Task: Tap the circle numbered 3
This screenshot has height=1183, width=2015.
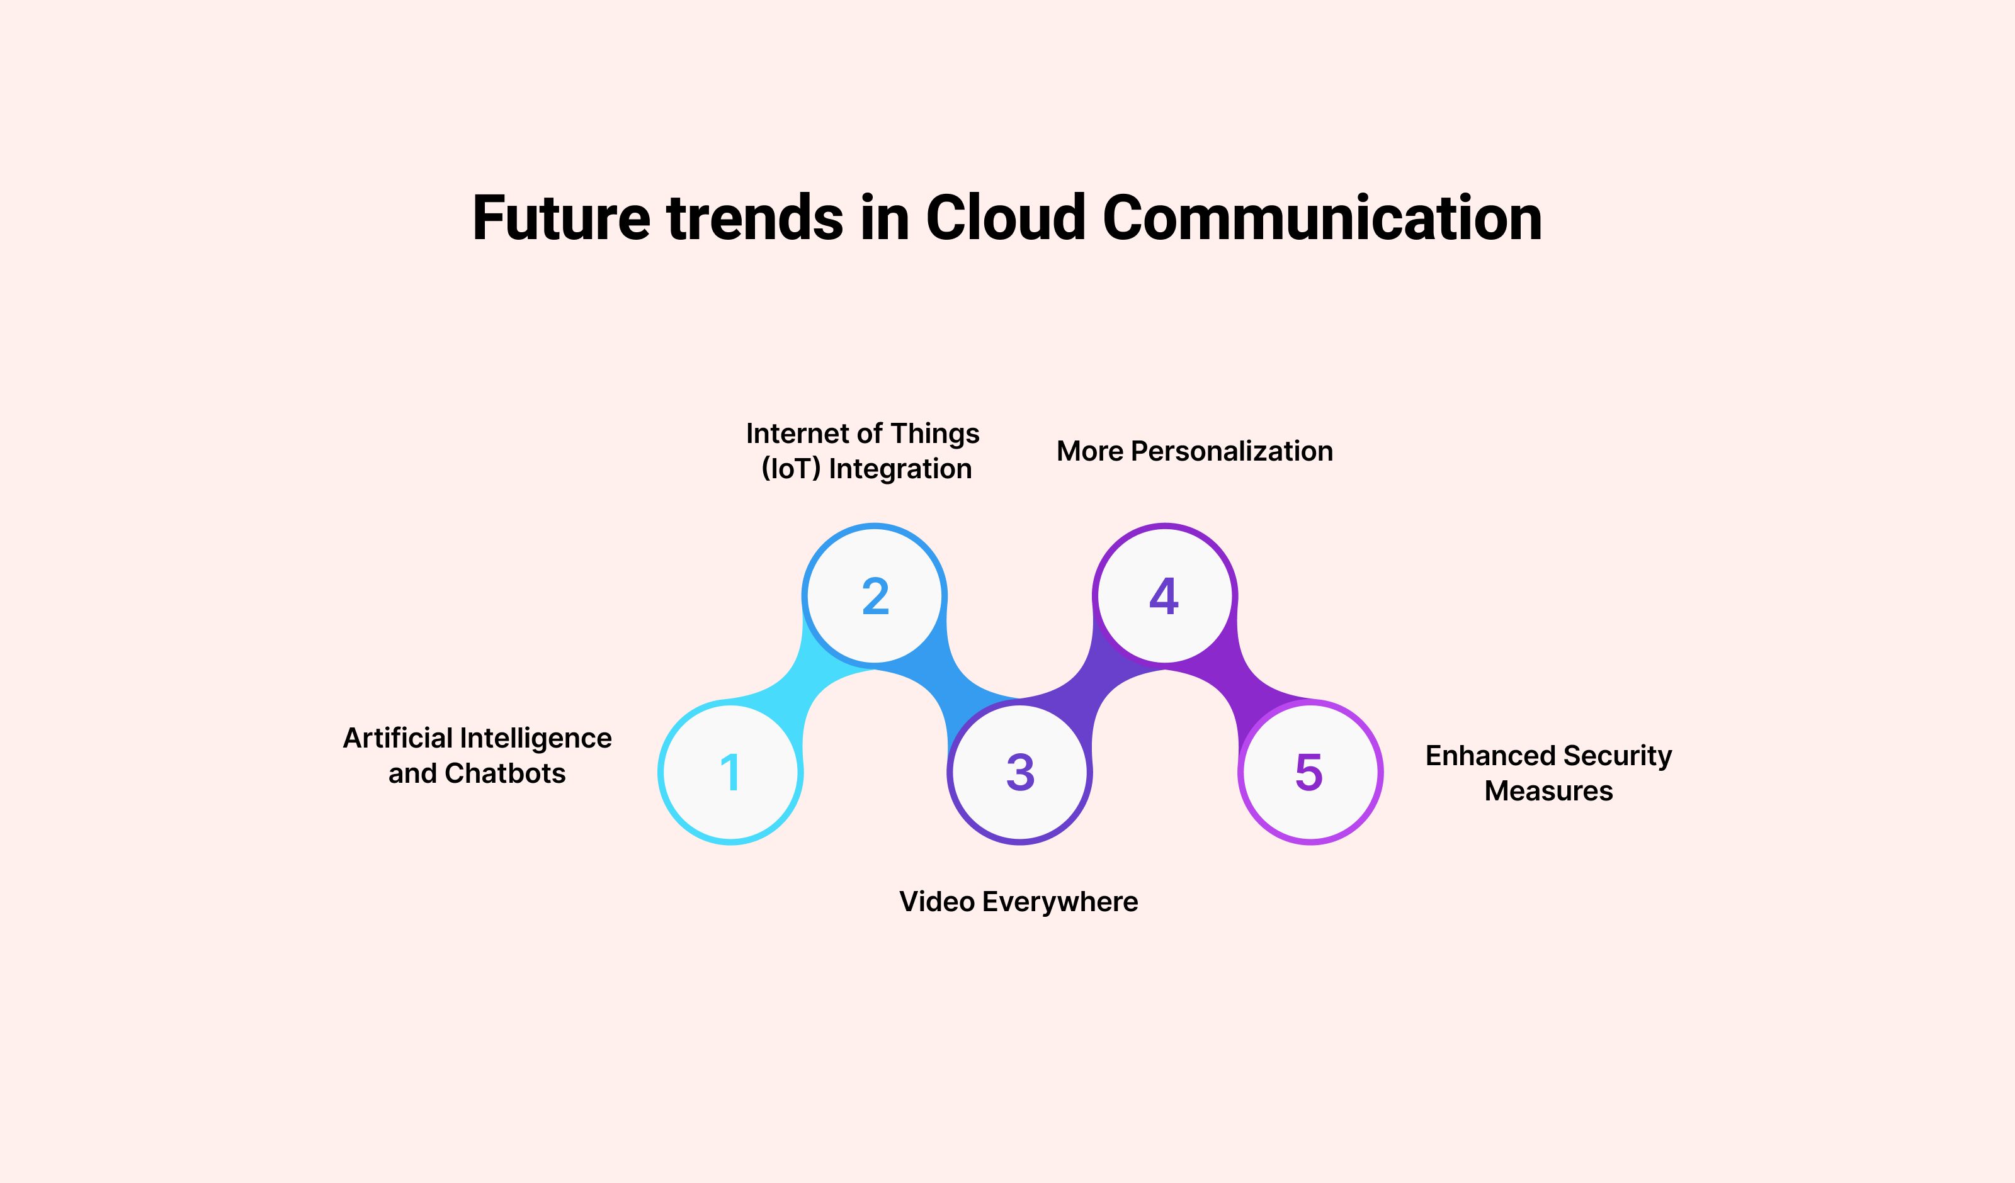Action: pyautogui.click(x=1019, y=772)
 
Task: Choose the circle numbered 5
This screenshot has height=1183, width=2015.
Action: pyautogui.click(x=1310, y=772)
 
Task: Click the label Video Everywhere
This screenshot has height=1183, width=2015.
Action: pyautogui.click(x=1018, y=902)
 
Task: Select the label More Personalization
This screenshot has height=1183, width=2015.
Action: pyautogui.click(x=1195, y=451)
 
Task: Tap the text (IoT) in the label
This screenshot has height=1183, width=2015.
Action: pyautogui.click(x=790, y=468)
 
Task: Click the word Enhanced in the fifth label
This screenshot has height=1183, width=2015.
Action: pyautogui.click(x=1490, y=755)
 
